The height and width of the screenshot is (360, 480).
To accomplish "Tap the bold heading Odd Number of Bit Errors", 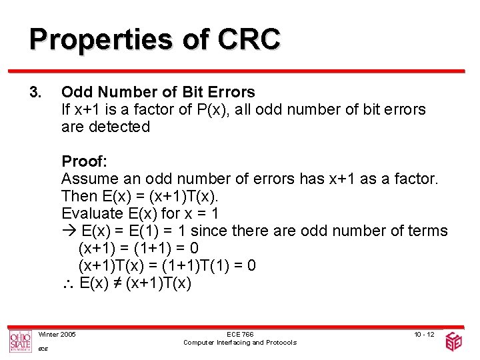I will pos(158,91).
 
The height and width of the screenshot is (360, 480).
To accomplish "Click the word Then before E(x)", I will pos(79,196).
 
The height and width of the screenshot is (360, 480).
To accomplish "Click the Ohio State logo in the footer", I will pos(20,341).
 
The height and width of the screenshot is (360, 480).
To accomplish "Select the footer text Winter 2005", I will pos(57,333).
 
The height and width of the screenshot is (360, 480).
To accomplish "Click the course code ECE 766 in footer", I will pos(239,333).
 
